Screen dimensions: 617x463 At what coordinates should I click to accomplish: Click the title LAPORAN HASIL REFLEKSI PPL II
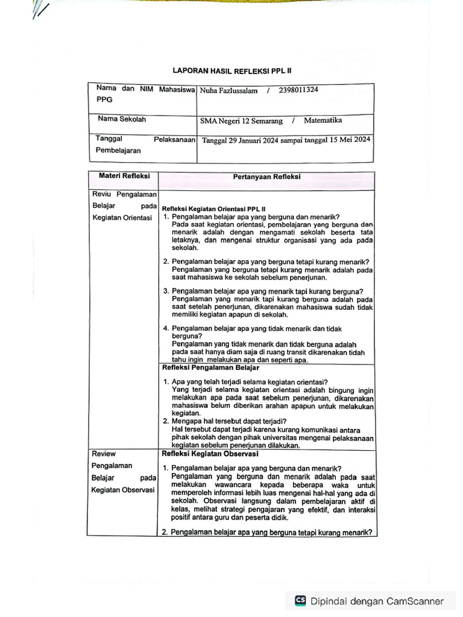tap(232, 70)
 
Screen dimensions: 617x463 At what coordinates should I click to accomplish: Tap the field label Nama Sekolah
tap(122, 119)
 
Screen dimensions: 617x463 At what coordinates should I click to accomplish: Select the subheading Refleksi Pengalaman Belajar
tap(210, 367)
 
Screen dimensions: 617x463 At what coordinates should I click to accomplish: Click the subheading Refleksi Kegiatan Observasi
tap(210, 454)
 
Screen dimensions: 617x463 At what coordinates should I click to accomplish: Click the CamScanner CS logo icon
tap(300, 601)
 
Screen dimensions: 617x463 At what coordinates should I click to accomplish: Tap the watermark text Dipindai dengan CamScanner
tap(377, 601)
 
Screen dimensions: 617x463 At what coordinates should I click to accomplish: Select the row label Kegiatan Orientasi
tap(122, 218)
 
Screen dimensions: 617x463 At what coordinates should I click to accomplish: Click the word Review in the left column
tap(104, 454)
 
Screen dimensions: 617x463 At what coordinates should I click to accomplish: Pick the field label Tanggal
tap(109, 139)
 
